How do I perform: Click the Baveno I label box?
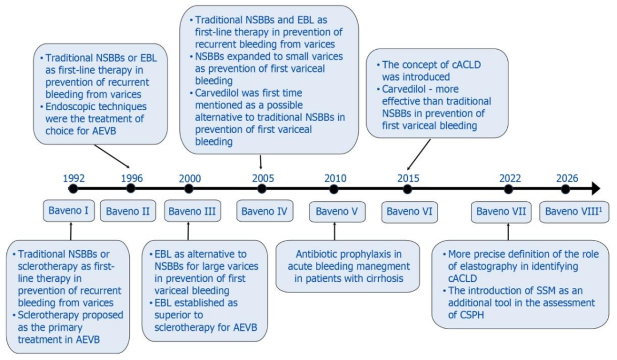(69, 211)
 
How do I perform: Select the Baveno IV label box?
(265, 211)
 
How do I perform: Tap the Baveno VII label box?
(502, 211)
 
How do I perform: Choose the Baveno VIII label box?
(574, 211)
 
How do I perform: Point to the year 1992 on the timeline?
(74, 178)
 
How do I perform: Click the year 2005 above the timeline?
(263, 178)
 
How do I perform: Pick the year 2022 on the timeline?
(510, 178)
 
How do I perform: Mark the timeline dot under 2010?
(334, 189)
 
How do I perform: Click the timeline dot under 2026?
(566, 189)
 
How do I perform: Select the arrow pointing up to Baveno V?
(334, 231)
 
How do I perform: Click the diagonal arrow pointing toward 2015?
(419, 155)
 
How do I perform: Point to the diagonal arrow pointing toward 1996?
(112, 157)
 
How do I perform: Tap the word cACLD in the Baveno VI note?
(463, 65)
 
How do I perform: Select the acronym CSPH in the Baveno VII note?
(466, 315)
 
